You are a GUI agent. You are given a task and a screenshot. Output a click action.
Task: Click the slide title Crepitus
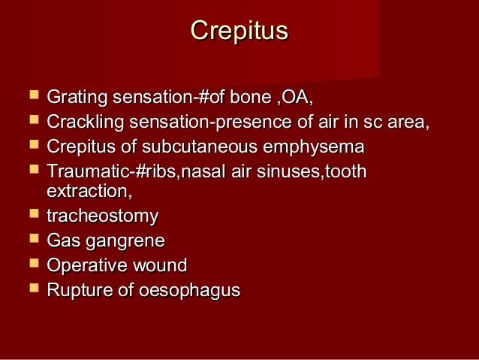pos(239,31)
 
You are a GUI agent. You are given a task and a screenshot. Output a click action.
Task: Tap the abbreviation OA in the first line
pos(297,98)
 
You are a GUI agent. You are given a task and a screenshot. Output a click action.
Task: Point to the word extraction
pos(89,192)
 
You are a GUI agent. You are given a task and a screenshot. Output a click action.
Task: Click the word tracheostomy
pos(103,216)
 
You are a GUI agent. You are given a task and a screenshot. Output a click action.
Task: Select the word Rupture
pos(77,289)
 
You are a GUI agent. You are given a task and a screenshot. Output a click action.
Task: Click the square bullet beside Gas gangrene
pos(32,241)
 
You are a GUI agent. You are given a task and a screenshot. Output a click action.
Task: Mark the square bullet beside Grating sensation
pos(32,97)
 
